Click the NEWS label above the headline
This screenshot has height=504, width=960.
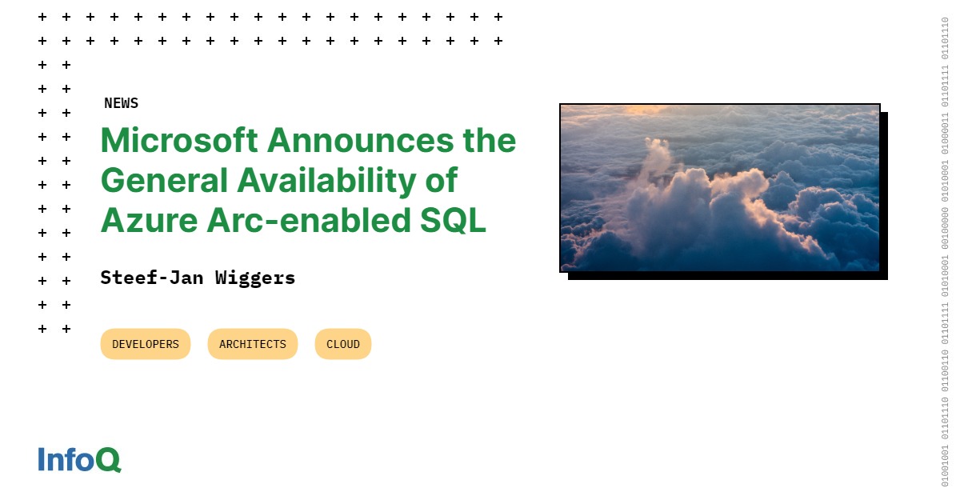[x=121, y=103]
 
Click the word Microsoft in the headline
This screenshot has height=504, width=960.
[x=179, y=141]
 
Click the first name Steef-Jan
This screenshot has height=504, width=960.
[x=152, y=278]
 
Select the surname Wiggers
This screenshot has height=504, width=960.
[x=255, y=278]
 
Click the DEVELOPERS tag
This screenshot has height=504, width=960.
[x=146, y=344]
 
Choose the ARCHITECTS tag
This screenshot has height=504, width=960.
[x=252, y=344]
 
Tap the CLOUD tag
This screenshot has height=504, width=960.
[x=342, y=344]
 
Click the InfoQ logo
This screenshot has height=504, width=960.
[x=79, y=459]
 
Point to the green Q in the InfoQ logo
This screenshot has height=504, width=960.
[x=108, y=460]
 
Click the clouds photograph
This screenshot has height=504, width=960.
[x=719, y=188]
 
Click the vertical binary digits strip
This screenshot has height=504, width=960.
[x=945, y=252]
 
